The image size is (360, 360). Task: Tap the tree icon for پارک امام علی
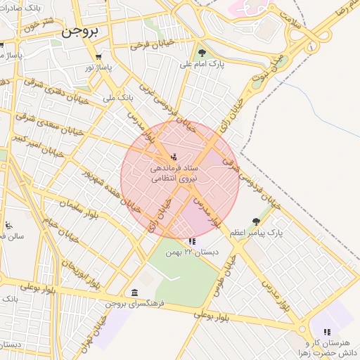click(202, 53)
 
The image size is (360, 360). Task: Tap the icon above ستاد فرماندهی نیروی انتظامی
click(174, 156)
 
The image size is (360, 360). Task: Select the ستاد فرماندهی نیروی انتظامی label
click(175, 174)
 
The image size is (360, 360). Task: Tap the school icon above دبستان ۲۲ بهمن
click(192, 241)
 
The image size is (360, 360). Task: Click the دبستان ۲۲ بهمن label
click(192, 251)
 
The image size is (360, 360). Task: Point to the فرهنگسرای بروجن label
click(136, 304)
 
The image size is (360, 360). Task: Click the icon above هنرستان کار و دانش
click(326, 331)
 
